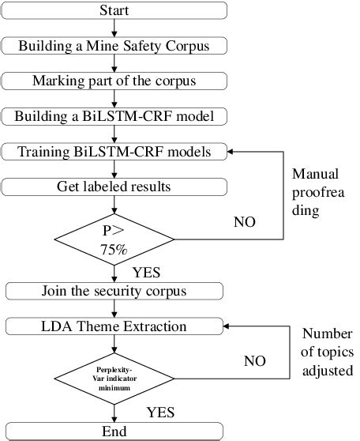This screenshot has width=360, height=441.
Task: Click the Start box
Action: (115, 10)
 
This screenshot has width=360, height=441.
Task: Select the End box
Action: (115, 432)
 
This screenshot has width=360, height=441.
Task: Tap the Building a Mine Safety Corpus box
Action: (115, 45)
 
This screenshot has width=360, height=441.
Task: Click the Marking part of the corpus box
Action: (115, 80)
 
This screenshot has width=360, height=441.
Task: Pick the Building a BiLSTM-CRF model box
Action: (115, 115)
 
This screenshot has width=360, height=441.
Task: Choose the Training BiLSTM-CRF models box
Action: (115, 150)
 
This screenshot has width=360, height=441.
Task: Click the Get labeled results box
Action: (115, 186)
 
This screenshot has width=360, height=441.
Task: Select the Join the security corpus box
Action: (115, 290)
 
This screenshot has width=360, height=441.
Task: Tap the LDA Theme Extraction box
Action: (115, 325)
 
